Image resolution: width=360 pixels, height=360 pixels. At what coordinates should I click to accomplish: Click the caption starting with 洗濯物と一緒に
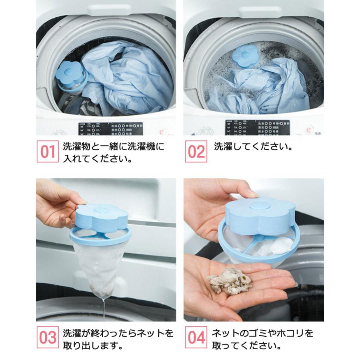click(114, 152)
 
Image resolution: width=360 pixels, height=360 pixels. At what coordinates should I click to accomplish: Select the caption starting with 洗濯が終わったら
click(118, 338)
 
